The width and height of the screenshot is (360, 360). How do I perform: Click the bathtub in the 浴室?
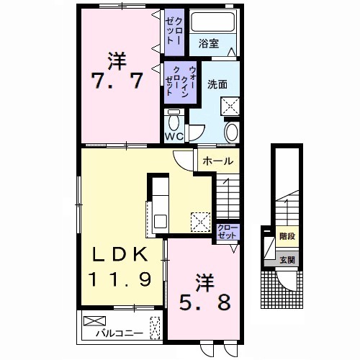(212, 22)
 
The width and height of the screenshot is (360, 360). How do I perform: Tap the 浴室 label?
(208, 44)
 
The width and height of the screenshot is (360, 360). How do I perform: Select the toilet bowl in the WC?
(174, 122)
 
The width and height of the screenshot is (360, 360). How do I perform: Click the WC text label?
(174, 137)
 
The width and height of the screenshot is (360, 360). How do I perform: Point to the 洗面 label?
(217, 84)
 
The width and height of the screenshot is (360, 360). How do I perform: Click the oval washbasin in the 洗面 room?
(232, 132)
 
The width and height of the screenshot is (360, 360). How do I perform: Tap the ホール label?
(218, 161)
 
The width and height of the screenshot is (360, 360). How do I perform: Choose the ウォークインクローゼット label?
(181, 81)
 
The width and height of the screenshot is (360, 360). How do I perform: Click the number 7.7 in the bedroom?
(117, 81)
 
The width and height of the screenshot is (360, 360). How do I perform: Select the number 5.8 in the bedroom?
(204, 302)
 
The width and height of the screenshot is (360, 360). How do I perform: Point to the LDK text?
(120, 254)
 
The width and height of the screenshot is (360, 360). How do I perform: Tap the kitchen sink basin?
(161, 221)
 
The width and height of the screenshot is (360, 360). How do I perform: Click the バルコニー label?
(120, 333)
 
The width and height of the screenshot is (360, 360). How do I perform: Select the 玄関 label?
(287, 260)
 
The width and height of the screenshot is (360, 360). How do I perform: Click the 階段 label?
(287, 236)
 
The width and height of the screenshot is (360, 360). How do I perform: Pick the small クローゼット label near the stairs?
(228, 232)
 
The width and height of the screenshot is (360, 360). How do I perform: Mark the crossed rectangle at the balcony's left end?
(94, 321)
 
